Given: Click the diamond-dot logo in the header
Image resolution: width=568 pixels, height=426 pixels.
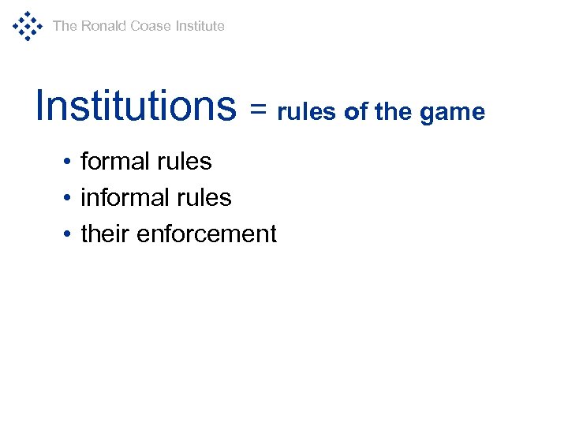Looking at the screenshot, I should point(27,26).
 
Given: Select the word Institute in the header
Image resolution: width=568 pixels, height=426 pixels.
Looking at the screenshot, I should point(200,26).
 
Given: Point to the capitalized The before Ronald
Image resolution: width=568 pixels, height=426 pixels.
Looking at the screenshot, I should point(65,26).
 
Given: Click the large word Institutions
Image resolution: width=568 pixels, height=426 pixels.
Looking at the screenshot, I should point(136,106).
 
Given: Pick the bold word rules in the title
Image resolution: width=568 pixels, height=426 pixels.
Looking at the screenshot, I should point(308,112).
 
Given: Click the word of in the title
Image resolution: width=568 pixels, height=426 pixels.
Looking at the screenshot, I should point(356,112).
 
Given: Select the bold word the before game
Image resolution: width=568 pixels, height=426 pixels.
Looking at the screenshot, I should point(394,112).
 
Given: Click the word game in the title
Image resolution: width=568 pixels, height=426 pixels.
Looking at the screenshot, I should point(452,114).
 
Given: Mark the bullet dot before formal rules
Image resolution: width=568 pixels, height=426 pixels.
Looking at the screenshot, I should point(69,163).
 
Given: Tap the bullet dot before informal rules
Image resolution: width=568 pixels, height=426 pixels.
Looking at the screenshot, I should point(69,198).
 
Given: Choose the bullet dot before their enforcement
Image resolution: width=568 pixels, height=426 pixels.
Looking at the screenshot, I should point(69,234).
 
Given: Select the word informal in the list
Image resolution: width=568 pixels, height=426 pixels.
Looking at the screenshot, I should point(124,197).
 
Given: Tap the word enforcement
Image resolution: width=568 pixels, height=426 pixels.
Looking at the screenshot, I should point(207,234).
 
